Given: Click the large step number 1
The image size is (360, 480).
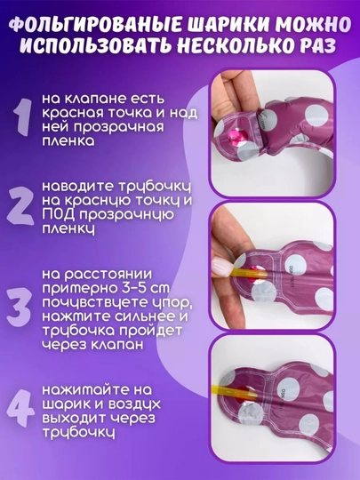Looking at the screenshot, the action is [23, 117].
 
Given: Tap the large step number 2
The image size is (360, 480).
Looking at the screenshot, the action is [20, 206].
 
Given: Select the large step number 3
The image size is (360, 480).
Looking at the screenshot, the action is [19, 307].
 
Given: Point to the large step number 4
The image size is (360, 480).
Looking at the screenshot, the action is [20, 408].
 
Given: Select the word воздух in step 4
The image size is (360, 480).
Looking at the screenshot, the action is [135, 404].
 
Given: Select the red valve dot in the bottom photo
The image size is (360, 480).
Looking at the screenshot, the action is [247, 393].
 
